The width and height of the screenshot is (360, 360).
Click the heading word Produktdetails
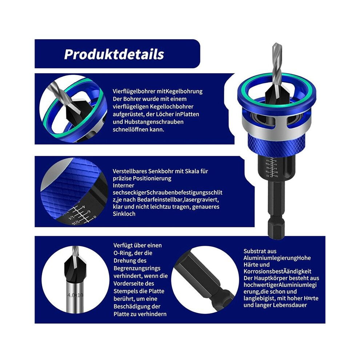(x=114, y=55)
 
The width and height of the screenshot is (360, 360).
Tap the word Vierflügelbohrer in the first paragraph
(x=134, y=91)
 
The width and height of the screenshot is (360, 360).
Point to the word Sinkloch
(x=124, y=214)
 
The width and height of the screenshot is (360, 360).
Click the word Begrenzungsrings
(x=137, y=268)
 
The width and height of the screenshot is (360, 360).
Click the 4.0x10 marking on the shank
(x=75, y=295)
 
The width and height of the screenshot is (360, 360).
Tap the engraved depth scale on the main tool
(x=272, y=167)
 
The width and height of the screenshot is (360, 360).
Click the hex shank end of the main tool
(x=276, y=229)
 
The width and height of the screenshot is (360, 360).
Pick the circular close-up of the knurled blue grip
(x=74, y=191)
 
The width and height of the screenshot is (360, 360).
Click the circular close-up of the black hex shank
(x=205, y=280)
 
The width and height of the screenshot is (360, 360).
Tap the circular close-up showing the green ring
(x=73, y=109)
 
